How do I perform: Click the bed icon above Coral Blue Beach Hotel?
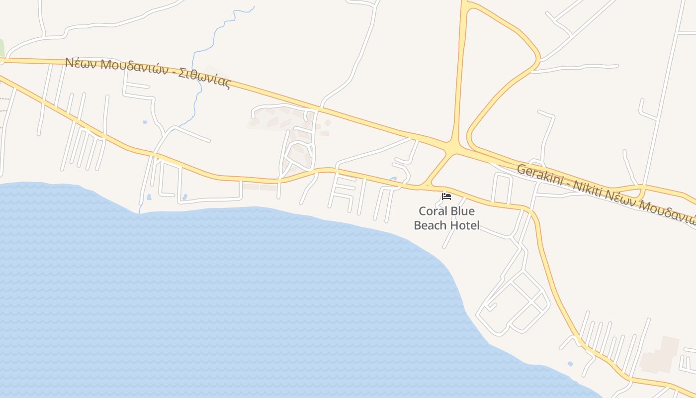[x=446, y=197]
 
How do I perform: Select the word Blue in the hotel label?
[x=462, y=211]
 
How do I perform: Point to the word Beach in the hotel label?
[x=430, y=225]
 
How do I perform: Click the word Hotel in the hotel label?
[x=465, y=225]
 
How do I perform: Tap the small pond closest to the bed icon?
[x=394, y=178]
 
